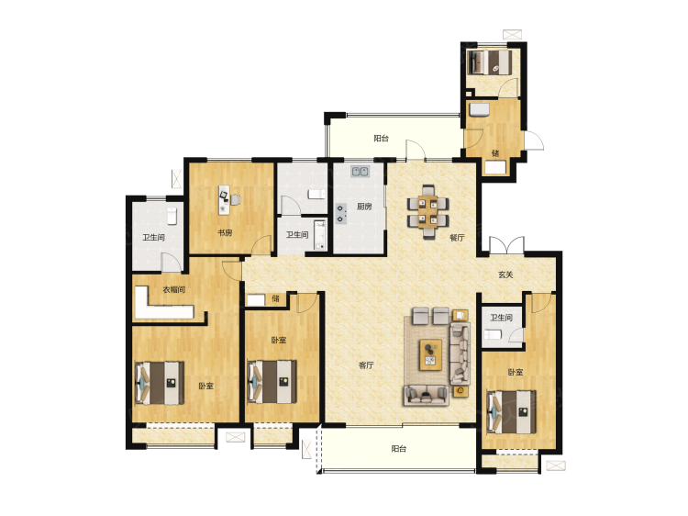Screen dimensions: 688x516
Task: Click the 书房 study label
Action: click(x=225, y=232)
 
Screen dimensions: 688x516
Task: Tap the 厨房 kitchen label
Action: click(x=364, y=207)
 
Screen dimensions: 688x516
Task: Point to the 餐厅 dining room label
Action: click(x=457, y=238)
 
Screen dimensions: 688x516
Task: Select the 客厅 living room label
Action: click(x=366, y=365)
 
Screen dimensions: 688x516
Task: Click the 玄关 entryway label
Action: click(x=505, y=275)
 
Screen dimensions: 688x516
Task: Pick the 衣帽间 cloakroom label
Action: click(x=173, y=289)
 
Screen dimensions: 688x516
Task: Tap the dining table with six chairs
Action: click(x=427, y=212)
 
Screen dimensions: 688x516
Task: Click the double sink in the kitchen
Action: click(x=360, y=171)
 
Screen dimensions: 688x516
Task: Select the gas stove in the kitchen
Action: click(x=341, y=213)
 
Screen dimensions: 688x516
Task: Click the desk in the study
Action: click(x=224, y=200)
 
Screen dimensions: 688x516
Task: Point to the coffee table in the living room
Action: click(x=430, y=354)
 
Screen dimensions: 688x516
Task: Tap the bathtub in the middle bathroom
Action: click(x=320, y=235)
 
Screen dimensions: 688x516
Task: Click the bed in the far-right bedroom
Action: click(x=512, y=412)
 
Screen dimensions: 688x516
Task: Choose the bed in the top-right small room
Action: click(x=489, y=62)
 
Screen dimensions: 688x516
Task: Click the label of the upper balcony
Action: click(x=381, y=139)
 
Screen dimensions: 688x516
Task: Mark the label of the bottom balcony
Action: click(x=398, y=449)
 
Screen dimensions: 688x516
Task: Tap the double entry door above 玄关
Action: click(x=506, y=245)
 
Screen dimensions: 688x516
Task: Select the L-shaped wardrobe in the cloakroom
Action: click(x=162, y=303)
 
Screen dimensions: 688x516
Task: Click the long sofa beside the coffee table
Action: click(x=460, y=353)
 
